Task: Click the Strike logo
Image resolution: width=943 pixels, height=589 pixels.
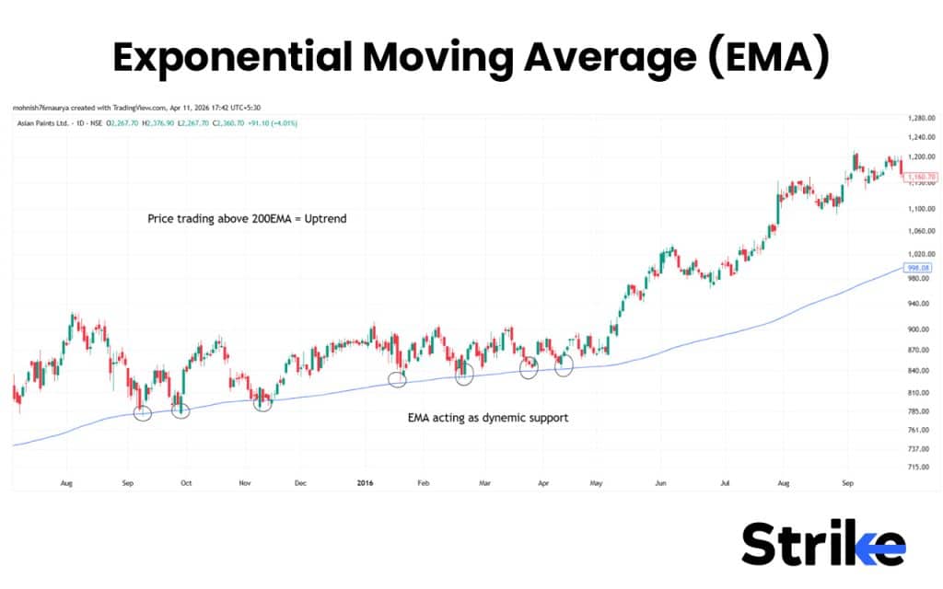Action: click(822, 544)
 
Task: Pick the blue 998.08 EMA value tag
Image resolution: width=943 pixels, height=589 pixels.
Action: click(920, 267)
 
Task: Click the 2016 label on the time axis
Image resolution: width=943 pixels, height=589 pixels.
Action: click(366, 481)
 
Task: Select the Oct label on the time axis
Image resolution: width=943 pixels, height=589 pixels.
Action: click(186, 481)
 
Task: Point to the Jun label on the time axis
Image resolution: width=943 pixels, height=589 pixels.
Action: click(660, 481)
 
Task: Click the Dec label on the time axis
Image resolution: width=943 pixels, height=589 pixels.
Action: click(300, 481)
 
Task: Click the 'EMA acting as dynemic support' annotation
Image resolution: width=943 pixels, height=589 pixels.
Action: click(488, 418)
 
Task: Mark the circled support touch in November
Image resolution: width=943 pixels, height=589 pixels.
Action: click(263, 402)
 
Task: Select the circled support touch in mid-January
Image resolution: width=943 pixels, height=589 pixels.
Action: click(397, 379)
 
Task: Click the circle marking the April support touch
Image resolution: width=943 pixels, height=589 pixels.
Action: click(564, 365)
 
